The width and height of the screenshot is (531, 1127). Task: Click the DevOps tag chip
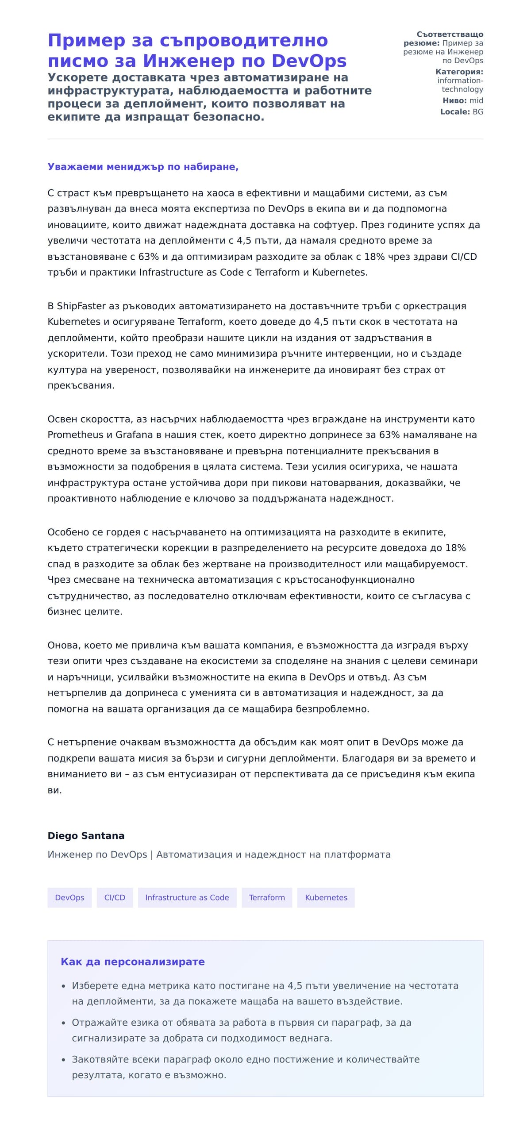point(69,897)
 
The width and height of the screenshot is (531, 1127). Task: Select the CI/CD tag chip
point(115,897)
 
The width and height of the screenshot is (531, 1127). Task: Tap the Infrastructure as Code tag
point(187,897)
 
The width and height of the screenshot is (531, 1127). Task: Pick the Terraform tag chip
point(267,897)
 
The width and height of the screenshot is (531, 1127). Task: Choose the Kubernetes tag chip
point(326,897)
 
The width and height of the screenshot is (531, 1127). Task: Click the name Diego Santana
point(86,836)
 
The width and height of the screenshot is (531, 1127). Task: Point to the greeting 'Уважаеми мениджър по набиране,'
point(143,167)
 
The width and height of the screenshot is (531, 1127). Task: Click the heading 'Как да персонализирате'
point(133,962)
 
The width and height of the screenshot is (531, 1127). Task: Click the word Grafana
point(134,435)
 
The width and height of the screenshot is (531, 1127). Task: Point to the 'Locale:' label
point(455,112)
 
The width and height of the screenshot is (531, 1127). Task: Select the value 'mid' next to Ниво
point(476,101)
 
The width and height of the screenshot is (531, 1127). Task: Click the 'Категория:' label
point(459,72)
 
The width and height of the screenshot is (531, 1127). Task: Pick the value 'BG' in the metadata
point(478,112)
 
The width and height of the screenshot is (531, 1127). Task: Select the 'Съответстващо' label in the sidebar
point(450,35)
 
